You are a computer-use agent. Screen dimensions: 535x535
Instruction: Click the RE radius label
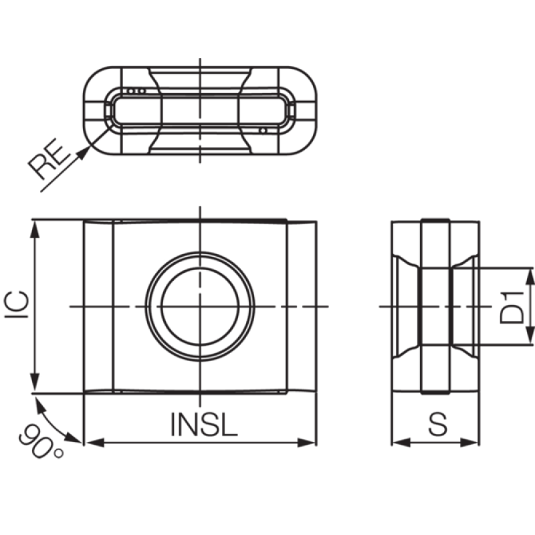click(x=47, y=158)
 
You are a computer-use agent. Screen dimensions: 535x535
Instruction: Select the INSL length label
click(x=204, y=424)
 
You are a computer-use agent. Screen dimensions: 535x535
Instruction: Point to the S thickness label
click(x=437, y=424)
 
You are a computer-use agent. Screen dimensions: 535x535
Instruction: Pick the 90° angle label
click(x=40, y=441)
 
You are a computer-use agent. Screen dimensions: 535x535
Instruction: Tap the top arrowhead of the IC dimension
click(x=35, y=229)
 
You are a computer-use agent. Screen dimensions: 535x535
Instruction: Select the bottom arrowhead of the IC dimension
click(x=35, y=384)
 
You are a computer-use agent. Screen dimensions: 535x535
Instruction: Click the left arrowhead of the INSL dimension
click(x=94, y=443)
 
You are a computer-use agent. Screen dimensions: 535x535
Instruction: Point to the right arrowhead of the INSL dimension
click(x=306, y=443)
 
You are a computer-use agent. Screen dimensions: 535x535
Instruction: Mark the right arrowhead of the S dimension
click(x=469, y=443)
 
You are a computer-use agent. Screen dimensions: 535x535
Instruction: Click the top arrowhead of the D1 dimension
click(x=530, y=277)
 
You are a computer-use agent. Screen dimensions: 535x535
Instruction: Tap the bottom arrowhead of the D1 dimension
click(x=530, y=336)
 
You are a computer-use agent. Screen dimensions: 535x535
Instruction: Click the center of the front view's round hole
click(x=200, y=306)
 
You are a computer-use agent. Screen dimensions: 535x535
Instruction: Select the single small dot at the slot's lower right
click(x=263, y=130)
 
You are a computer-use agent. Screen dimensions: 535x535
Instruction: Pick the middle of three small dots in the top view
click(x=136, y=91)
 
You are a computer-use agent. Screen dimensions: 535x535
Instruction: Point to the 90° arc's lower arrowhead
click(x=73, y=438)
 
